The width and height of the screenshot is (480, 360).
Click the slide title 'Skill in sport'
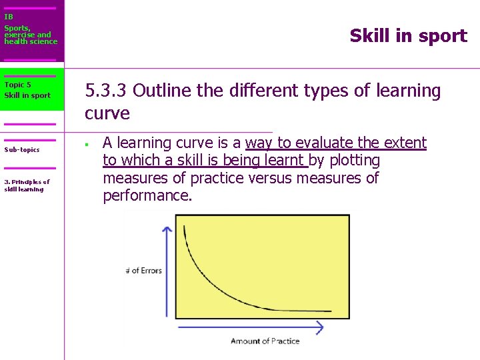[x=408, y=36]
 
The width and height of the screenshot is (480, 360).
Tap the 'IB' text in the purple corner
[x=8, y=17]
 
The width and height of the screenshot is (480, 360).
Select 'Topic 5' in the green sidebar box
[x=17, y=85]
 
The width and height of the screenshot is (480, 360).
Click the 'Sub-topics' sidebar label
[x=22, y=150]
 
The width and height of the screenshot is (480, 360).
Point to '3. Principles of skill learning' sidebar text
[x=27, y=185]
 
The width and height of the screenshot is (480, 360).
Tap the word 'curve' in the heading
[x=107, y=113]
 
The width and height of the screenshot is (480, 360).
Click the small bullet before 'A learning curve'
[x=87, y=143]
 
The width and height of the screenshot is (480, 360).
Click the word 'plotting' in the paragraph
[x=354, y=161]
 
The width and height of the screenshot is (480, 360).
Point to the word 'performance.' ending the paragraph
[x=147, y=196]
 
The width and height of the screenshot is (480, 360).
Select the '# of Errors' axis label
[x=143, y=271]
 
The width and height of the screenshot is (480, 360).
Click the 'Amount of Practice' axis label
[x=265, y=341]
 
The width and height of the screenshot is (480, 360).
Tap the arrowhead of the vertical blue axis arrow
[x=167, y=229]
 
